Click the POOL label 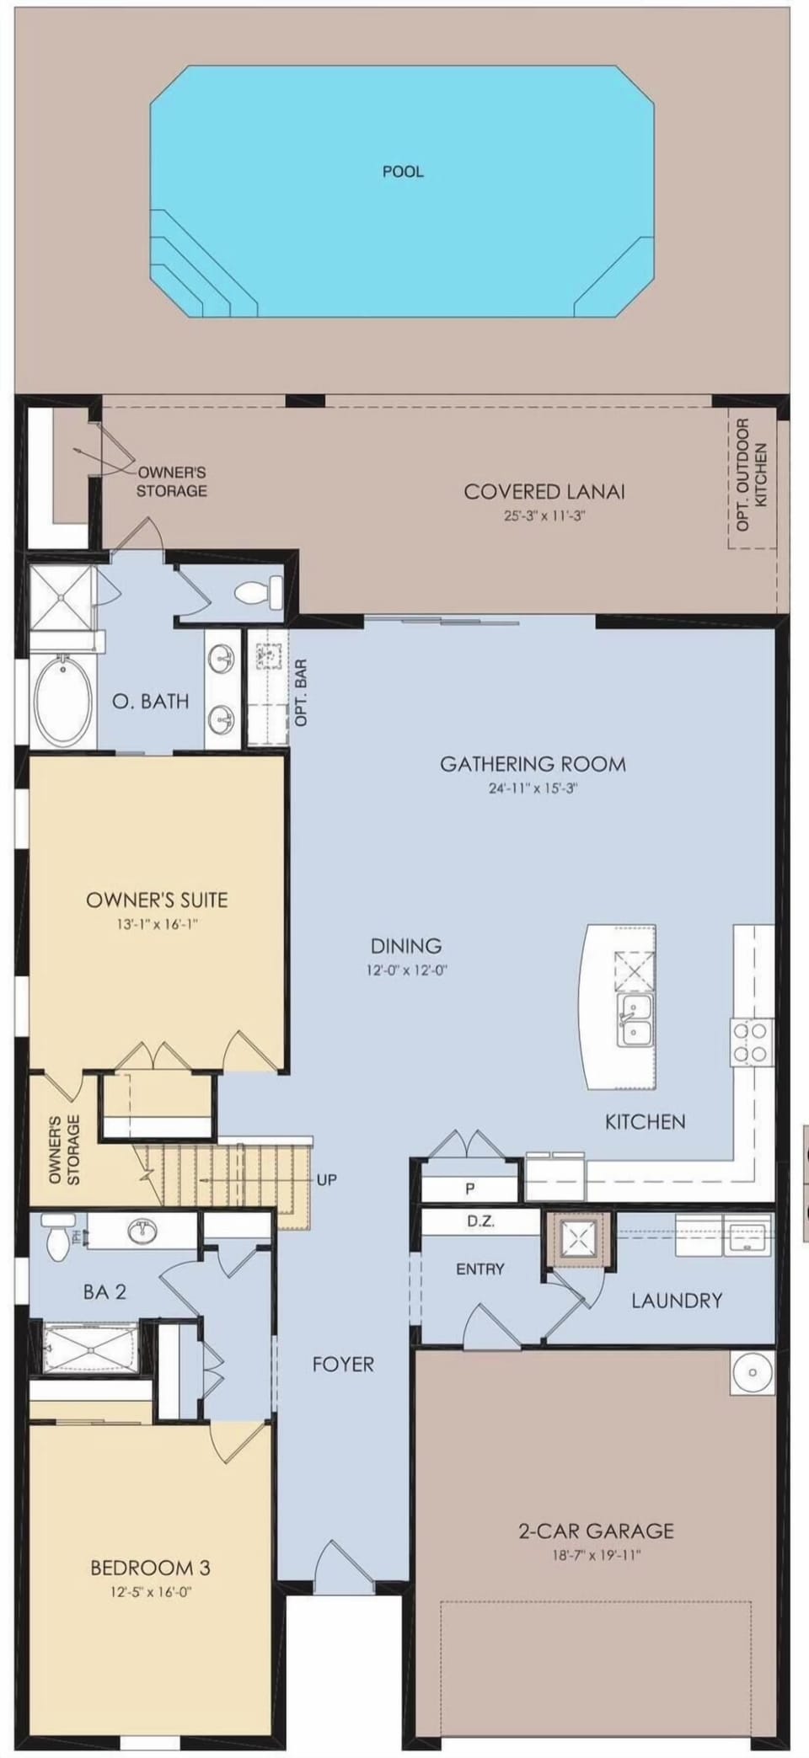403,172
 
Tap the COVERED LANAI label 544,491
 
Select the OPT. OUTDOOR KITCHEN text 752,474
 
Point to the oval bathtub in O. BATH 64,701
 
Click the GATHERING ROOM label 533,764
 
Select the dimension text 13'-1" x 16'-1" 158,924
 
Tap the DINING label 406,946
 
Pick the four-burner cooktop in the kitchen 751,1043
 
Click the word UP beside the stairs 327,1180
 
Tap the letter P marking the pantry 469,1189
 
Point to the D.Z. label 480,1221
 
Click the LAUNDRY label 677,1301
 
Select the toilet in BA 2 56,1237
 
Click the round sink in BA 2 142,1232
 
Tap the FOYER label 343,1364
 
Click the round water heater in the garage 753,1372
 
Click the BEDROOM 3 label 150,1568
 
